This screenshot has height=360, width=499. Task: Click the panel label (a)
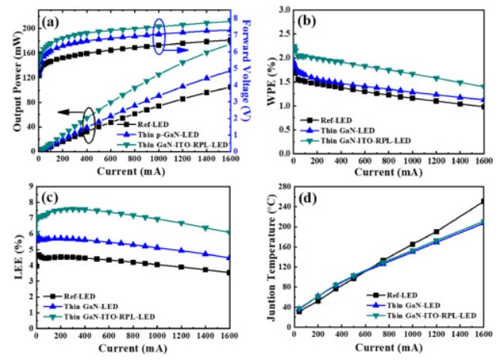pyautogui.click(x=52, y=22)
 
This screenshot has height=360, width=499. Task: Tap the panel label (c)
pyautogui.click(x=52, y=194)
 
